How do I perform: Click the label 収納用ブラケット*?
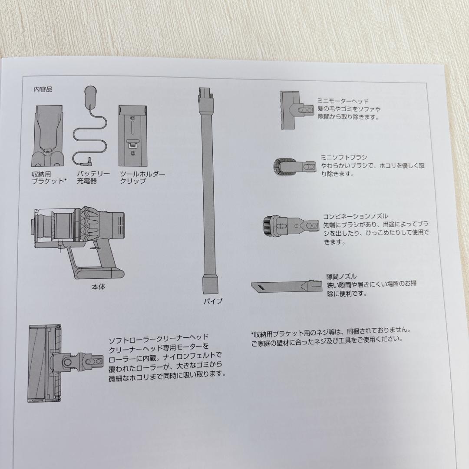click(49, 178)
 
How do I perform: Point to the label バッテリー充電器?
click(93, 178)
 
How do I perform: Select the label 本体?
click(98, 287)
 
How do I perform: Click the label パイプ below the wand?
click(213, 301)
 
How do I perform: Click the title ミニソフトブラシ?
click(344, 157)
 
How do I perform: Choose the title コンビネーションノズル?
click(355, 216)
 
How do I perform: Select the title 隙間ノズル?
click(341, 276)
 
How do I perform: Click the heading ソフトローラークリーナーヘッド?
click(159, 337)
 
